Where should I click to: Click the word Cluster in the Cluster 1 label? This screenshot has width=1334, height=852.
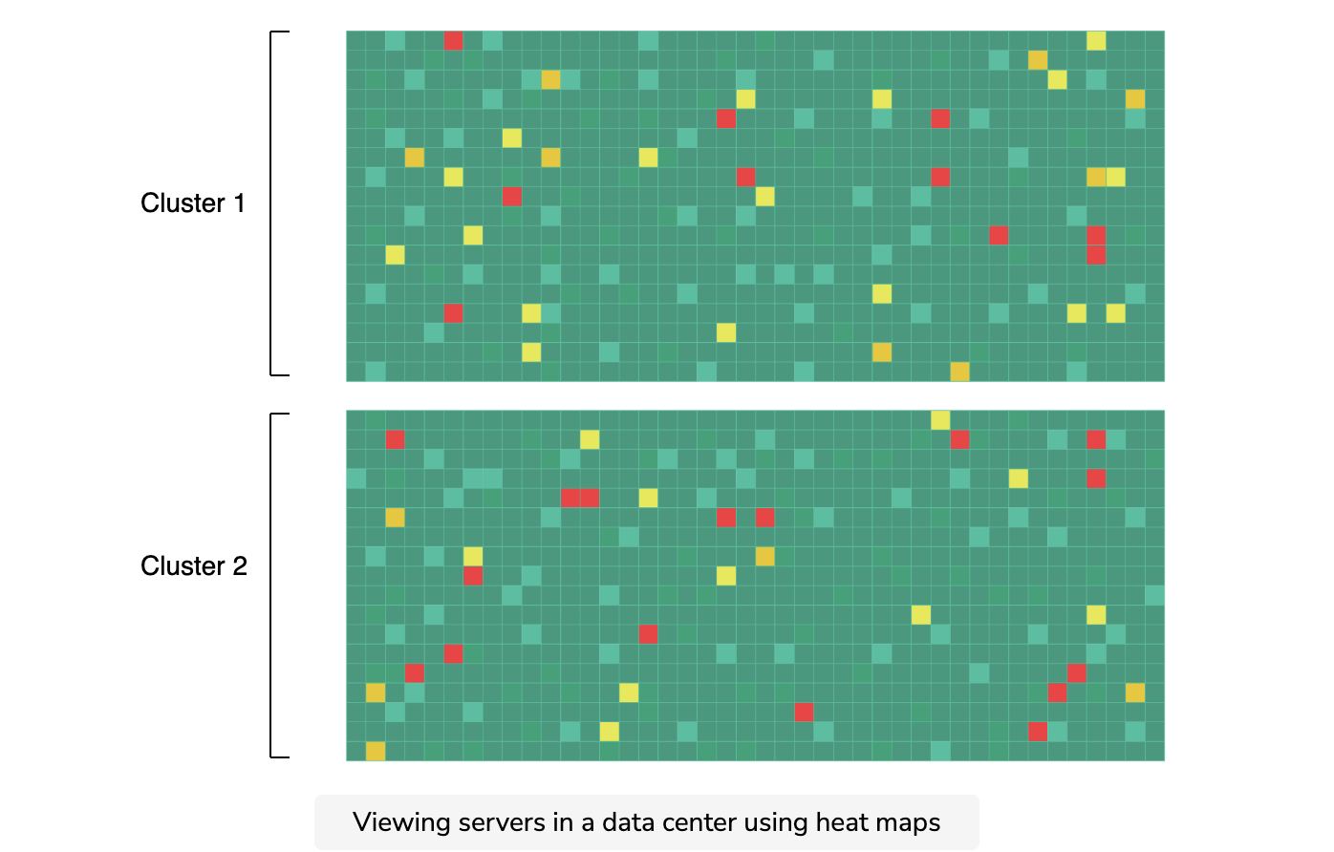pos(183,203)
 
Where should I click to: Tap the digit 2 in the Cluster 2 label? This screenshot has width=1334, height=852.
pos(240,566)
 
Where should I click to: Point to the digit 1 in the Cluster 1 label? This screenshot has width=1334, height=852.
pos(240,203)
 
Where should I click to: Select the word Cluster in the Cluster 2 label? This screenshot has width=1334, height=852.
pos(183,566)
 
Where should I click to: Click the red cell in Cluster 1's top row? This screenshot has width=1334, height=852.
pos(453,40)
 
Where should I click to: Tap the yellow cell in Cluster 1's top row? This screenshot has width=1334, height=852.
pos(1096,40)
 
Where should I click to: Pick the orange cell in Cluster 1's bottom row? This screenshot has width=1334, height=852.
pos(959,372)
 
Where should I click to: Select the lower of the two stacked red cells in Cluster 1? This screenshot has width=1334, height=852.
pos(1096,255)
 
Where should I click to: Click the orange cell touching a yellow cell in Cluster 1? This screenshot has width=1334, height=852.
pos(1096,177)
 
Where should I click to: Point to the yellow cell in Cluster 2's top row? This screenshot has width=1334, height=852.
pos(939,419)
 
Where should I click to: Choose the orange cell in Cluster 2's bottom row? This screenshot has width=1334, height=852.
pos(376,751)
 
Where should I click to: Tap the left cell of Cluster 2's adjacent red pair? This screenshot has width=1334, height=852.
pos(570,498)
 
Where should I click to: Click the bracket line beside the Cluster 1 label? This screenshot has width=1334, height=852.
pos(271,203)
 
